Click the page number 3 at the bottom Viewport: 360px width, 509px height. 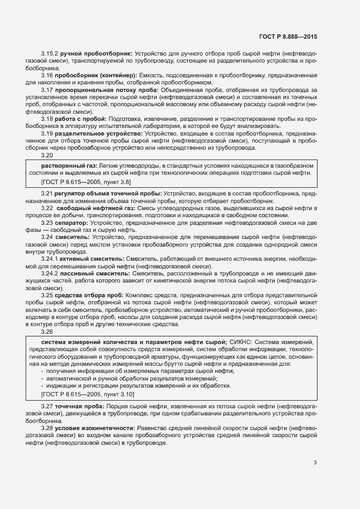(x=315, y=463)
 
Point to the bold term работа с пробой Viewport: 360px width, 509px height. (x=81, y=118)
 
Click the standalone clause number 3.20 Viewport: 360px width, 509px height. (x=47, y=154)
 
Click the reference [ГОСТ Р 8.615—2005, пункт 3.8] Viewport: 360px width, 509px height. (x=86, y=181)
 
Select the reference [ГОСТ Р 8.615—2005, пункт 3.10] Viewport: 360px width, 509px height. (x=88, y=393)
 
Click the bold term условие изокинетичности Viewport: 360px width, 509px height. (x=95, y=428)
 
